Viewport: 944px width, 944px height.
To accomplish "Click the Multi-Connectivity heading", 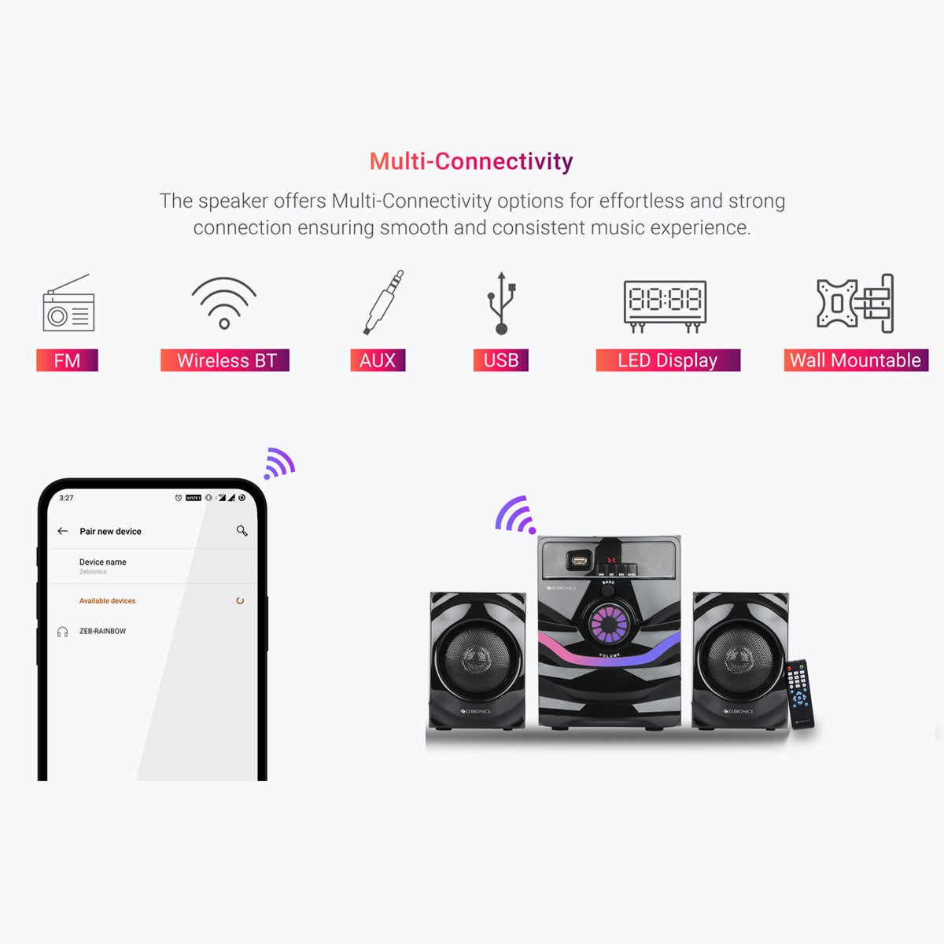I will pos(471,161).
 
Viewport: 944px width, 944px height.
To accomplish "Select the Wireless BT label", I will pos(226,360).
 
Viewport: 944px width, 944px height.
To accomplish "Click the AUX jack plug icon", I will pos(383,303).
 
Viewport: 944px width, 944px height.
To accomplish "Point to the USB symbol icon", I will pos(501,304).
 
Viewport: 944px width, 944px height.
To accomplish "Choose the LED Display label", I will pos(668,360).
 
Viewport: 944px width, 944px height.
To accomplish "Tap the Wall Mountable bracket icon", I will pos(855,304).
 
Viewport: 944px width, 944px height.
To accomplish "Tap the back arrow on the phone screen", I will pos(63,531).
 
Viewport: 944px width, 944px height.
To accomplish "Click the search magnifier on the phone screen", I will pos(242,531).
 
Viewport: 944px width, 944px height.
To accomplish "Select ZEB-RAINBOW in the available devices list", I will pos(102,631).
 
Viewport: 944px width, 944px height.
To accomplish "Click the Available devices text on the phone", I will pos(107,601).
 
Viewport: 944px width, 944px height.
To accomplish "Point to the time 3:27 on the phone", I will pos(66,498).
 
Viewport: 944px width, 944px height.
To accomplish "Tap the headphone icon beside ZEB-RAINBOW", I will pos(62,632).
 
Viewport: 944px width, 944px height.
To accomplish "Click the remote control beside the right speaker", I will pos(800,693).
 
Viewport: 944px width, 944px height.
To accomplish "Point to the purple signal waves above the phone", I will pos(278,463).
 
